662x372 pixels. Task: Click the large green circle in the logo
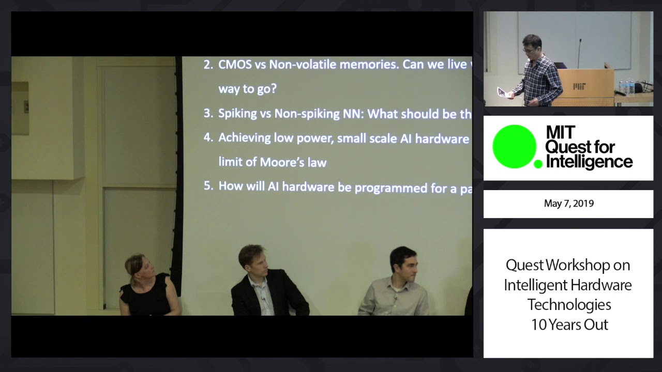[x=514, y=147]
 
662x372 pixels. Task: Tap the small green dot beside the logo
[x=538, y=164]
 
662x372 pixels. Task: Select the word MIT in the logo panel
[x=561, y=133]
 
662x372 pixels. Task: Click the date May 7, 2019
[x=568, y=204]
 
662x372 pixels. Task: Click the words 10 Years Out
[x=569, y=324]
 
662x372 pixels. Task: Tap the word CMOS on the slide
[x=235, y=65]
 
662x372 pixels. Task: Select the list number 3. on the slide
[x=208, y=113]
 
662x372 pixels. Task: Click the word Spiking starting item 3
[x=237, y=114]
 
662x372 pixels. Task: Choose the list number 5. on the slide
[x=208, y=186]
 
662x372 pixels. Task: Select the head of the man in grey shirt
[x=403, y=262]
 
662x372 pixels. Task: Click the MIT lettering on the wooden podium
[x=579, y=86]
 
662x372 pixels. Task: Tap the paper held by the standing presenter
[x=502, y=92]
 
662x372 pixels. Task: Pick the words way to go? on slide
[x=247, y=89]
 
